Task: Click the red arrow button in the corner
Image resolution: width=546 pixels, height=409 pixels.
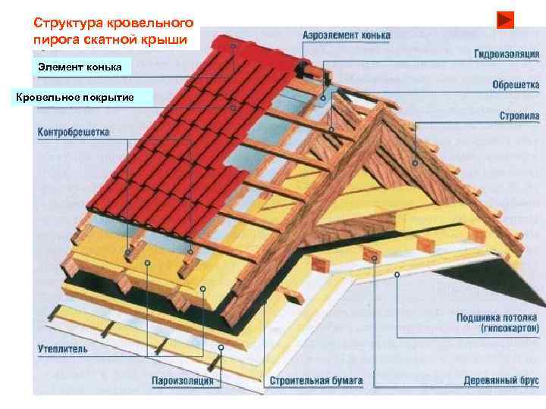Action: (x=506, y=20)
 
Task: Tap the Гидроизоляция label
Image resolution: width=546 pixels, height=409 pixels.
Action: (x=507, y=55)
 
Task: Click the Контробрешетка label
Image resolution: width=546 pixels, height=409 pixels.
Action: (x=73, y=132)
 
